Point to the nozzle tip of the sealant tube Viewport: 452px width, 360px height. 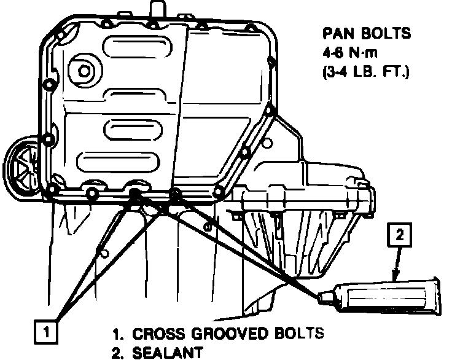pos(321,298)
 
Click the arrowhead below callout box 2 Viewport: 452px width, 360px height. pos(395,274)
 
